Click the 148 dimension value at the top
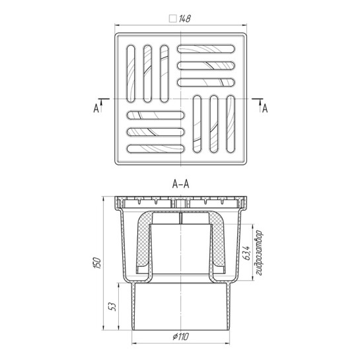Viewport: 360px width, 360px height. (x=185, y=18)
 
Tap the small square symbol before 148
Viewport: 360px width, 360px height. (x=172, y=18)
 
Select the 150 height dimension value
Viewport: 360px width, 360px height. (x=97, y=263)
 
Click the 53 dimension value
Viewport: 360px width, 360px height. (x=113, y=306)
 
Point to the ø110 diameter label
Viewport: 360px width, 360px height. (x=181, y=337)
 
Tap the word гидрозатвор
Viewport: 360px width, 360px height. (x=259, y=252)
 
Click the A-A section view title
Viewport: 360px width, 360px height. (x=181, y=184)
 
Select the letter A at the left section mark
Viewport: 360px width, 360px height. (x=96, y=108)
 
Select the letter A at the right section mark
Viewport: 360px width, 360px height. (x=265, y=108)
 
